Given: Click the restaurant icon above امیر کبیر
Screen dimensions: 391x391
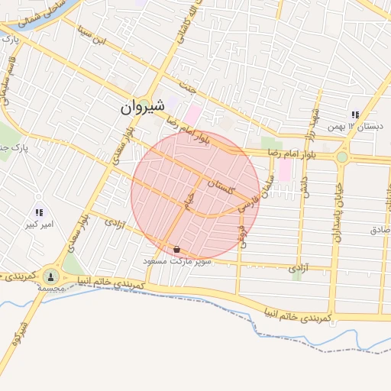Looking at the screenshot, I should (x=39, y=212).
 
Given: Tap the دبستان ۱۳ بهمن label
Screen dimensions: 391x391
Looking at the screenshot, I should (x=364, y=126).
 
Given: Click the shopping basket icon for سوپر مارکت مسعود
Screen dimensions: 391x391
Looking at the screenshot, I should (x=177, y=249).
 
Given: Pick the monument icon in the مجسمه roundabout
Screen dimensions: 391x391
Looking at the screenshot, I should (x=50, y=276).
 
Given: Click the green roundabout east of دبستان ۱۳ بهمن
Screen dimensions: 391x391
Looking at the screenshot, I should (x=341, y=157).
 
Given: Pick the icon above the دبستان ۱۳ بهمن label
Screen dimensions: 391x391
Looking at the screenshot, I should (x=355, y=115).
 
